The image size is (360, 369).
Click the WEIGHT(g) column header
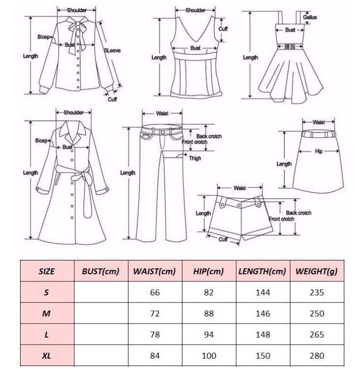tap(316, 271)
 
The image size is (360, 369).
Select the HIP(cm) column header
tap(210, 271)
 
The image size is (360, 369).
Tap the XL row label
tap(46, 355)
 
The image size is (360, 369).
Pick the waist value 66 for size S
tap(155, 292)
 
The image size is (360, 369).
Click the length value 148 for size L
tap(263, 334)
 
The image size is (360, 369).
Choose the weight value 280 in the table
tap(316, 355)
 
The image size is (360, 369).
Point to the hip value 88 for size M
tap(210, 313)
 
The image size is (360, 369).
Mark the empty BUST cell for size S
tap(100, 292)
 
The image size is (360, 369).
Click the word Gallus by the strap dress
tap(310, 17)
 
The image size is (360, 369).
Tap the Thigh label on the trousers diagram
tap(195, 158)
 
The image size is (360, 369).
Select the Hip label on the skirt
tap(319, 152)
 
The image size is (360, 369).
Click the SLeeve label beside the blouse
tap(112, 50)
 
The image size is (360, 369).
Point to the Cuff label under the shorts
tap(223, 239)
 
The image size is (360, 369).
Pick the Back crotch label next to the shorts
tap(298, 213)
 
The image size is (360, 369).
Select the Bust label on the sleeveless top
tap(195, 48)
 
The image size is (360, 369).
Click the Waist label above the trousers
tap(162, 113)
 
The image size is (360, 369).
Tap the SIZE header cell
tap(46, 271)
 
